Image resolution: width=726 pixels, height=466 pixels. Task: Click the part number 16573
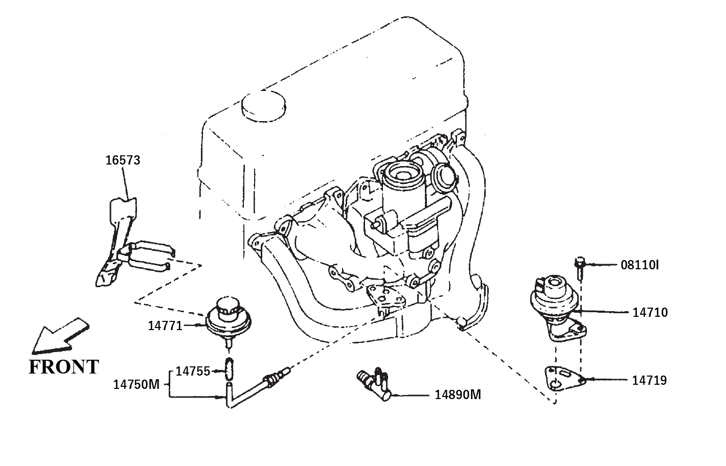123,160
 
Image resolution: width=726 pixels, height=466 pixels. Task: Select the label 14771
165,326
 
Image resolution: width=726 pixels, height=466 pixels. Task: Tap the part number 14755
193,371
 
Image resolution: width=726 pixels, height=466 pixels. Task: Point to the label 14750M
137,385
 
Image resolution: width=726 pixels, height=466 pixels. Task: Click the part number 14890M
458,395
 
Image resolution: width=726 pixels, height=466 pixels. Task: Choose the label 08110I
640,265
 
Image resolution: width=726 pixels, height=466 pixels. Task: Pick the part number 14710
650,313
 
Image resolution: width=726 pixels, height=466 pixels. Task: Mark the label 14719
649,381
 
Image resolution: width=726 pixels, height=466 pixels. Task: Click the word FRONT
64,367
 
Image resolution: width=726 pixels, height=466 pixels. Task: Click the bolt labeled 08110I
579,268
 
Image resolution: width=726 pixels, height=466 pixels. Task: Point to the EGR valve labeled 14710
557,308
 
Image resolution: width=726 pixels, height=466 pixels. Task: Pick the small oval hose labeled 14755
229,369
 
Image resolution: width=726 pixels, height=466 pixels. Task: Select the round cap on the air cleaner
263,106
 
